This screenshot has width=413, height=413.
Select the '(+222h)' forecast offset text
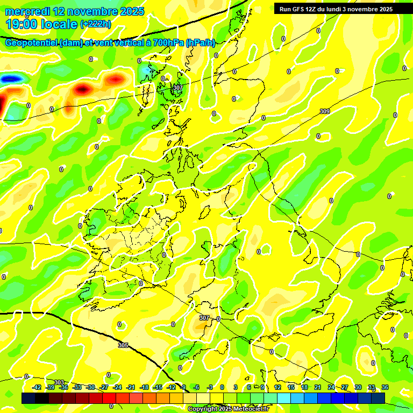coord(95,24)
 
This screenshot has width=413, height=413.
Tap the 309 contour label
coord(324,111)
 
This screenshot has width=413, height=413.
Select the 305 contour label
coord(123,345)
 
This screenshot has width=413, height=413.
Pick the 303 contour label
coord(59,382)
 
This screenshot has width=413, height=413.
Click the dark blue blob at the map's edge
coord(11,79)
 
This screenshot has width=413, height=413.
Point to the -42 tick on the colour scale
coord(37,387)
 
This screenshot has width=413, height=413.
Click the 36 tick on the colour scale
coord(384,387)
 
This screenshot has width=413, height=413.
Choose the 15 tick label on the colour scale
coord(290,387)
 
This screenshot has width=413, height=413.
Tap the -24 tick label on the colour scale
coord(117,387)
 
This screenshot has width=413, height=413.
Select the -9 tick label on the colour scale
coord(183,387)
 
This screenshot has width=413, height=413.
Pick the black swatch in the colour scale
coord(42,398)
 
